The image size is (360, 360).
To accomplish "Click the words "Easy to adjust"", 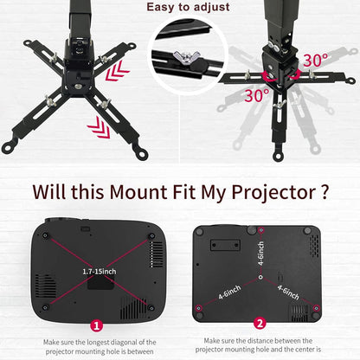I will click(x=189, y=8).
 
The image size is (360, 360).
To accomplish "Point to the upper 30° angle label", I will click(x=315, y=61).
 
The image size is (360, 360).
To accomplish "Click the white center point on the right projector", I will click(x=260, y=279).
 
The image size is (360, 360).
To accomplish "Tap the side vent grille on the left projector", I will click(x=156, y=254).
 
